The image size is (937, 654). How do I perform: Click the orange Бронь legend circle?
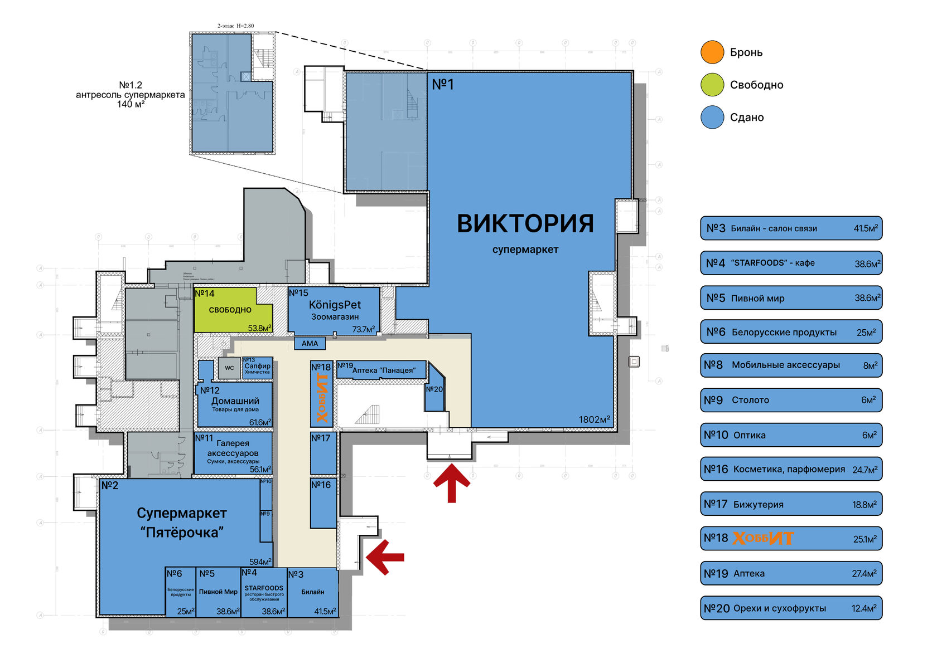[x=712, y=52]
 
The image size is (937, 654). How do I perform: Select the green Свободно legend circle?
[x=712, y=85]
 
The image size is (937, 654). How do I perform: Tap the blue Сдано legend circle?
[x=712, y=118]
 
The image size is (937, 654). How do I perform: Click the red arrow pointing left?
[x=385, y=557]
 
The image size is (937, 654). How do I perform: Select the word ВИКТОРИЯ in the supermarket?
[x=525, y=224]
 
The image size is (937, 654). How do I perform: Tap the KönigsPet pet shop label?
[x=335, y=305]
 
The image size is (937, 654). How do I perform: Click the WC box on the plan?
[x=229, y=368]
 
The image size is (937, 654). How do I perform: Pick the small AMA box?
[x=310, y=344]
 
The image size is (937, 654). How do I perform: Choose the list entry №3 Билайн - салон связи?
[x=791, y=228]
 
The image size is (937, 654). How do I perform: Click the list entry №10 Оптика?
[x=791, y=435]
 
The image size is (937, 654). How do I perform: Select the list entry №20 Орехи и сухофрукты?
[x=791, y=608]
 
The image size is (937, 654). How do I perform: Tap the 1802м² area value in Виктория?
[x=594, y=419]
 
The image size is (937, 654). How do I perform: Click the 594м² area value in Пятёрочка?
[x=260, y=562]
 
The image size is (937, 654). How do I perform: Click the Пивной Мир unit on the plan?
[x=218, y=592]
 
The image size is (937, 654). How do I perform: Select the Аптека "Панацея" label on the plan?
[x=384, y=370]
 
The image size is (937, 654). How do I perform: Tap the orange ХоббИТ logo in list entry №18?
[x=762, y=538]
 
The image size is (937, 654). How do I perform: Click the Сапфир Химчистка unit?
[x=258, y=368]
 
